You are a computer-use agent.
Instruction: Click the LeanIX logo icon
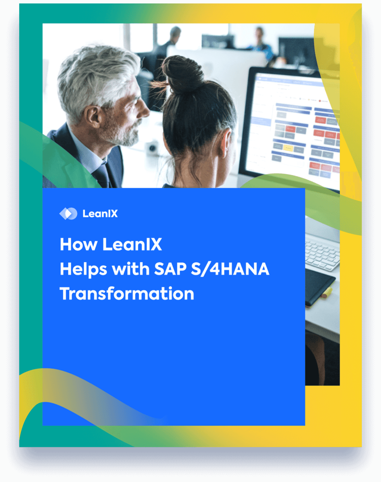click(68, 213)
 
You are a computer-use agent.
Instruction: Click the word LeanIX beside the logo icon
click(100, 214)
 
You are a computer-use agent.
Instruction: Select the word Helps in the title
click(83, 269)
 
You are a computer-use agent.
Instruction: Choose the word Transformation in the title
click(127, 294)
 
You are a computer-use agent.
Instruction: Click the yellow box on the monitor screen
click(288, 148)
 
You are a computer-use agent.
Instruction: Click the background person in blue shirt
click(263, 42)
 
